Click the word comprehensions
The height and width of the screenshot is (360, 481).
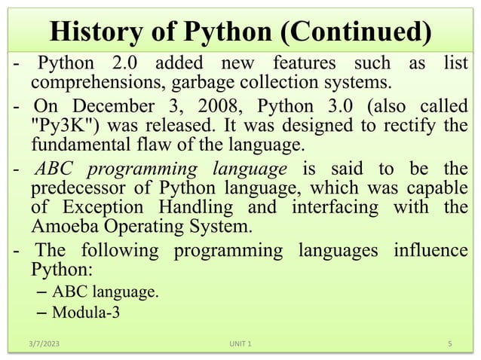tap(93, 81)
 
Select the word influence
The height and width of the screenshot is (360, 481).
tap(430, 251)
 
